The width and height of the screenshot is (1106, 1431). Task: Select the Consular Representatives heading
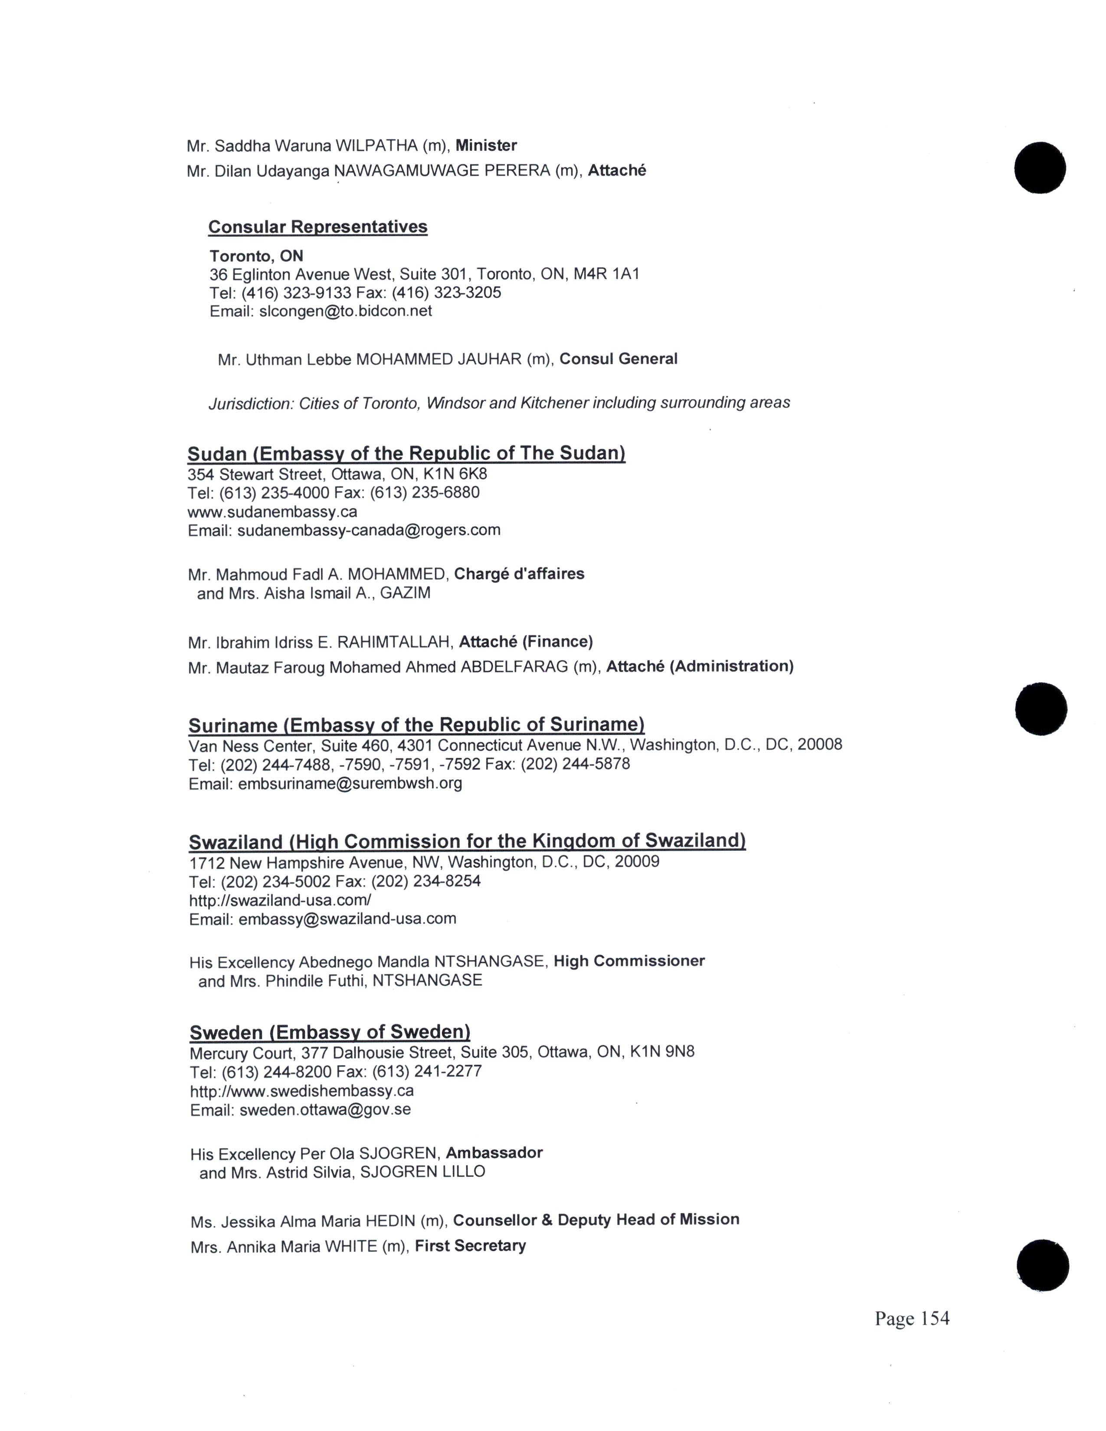[318, 227]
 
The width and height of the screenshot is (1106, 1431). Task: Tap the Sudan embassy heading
[406, 454]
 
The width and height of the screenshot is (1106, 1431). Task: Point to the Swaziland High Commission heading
[467, 841]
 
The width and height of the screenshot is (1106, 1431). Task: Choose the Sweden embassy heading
[330, 1032]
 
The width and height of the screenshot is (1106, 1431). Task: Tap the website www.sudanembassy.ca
[272, 511]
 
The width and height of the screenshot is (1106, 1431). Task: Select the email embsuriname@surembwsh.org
[350, 783]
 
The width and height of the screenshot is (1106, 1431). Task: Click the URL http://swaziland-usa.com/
[280, 900]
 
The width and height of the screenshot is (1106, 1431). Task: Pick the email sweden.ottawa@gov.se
[325, 1110]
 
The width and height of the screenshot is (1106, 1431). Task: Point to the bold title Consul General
[618, 359]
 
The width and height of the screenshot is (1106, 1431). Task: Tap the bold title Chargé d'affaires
[519, 574]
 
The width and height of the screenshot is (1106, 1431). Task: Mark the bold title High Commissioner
[629, 961]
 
